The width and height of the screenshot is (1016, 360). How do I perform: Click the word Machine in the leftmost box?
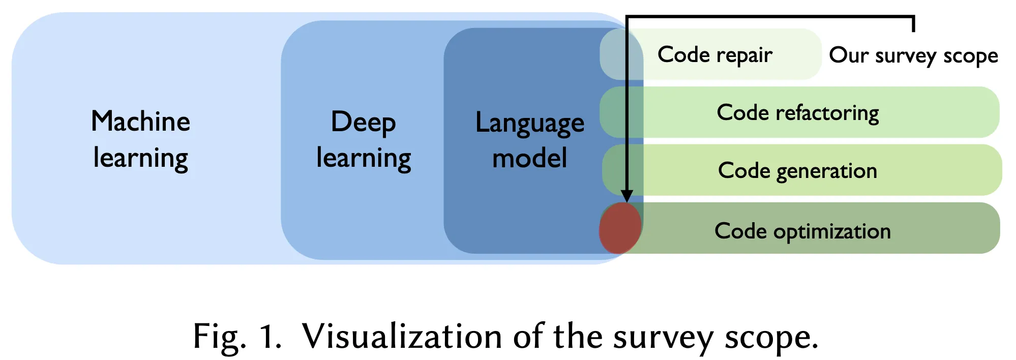[x=141, y=122]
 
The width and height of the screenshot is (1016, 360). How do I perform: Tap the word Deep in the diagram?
[x=363, y=123]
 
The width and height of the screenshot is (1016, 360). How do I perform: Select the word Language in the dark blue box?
[x=530, y=124]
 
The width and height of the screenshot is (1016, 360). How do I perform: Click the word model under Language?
[x=530, y=158]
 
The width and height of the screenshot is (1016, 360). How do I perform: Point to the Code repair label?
[x=714, y=55]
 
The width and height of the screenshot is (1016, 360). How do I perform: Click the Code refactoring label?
[x=797, y=113]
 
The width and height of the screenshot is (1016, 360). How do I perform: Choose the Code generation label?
[x=797, y=171]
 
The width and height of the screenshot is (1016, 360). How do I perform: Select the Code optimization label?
[x=802, y=231]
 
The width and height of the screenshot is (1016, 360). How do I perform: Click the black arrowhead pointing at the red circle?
[x=627, y=196]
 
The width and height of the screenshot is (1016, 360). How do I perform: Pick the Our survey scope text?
[x=913, y=55]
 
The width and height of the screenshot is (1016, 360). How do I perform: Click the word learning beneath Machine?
[x=141, y=158]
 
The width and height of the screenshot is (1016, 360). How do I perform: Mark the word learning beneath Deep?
[x=363, y=158]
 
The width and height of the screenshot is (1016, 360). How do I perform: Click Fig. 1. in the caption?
[x=237, y=337]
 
